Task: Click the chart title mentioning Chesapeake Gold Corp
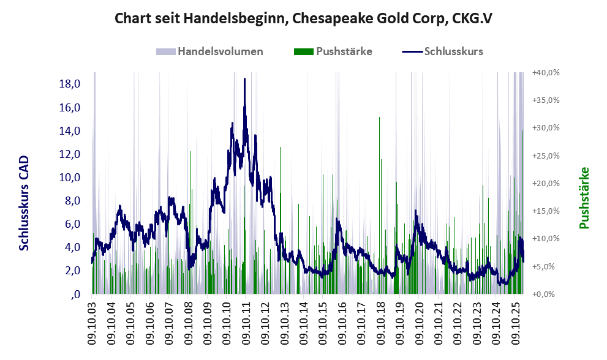click(304, 19)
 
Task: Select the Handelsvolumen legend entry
click(220, 51)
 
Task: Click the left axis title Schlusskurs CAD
click(24, 203)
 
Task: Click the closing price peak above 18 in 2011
click(244, 79)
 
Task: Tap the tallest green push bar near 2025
click(522, 131)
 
